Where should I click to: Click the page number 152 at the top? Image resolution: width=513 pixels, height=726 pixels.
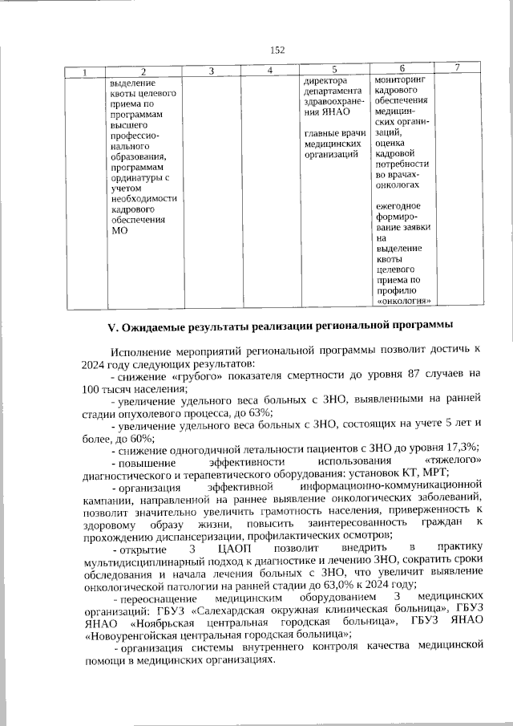tap(277, 50)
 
